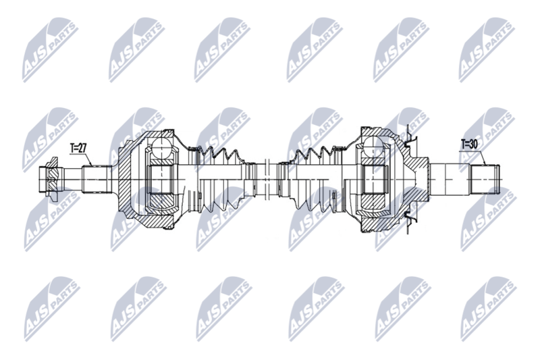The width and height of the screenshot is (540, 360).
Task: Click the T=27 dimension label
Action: coord(78,148)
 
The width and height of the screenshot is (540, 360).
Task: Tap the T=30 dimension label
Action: coord(469,145)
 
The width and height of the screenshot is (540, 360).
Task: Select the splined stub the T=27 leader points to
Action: coord(97,180)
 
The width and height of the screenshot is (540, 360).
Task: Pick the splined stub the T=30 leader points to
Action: coord(485,179)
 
